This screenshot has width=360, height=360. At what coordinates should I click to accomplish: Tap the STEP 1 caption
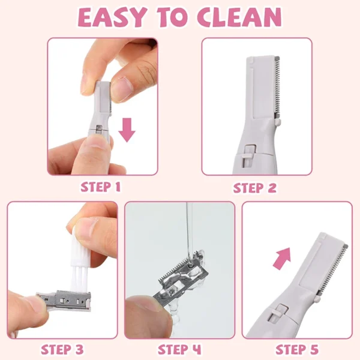101,187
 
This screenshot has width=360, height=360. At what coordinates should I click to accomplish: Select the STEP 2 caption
255,188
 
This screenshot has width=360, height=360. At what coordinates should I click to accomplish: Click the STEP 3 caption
62,349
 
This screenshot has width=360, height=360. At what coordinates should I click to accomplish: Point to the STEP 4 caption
179,349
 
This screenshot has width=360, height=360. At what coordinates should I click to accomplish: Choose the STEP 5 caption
297,349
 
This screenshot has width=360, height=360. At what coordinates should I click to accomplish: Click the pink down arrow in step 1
127,129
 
